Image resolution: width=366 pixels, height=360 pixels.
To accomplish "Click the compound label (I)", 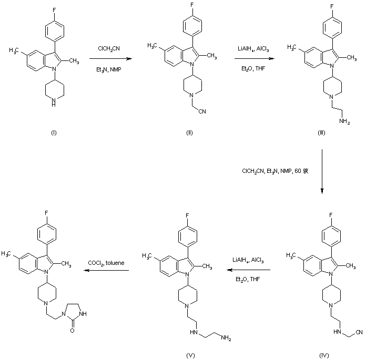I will pyautogui.click(x=53, y=131).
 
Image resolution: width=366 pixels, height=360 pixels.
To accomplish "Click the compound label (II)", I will pyautogui.click(x=189, y=131).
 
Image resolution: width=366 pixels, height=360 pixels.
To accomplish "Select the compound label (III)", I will pyautogui.click(x=321, y=131).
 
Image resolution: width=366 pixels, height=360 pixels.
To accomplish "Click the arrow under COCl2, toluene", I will pyautogui.click(x=108, y=270).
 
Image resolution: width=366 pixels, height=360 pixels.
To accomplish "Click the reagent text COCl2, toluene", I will pyautogui.click(x=107, y=262).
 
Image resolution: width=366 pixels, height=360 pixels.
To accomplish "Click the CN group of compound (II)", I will pyautogui.click(x=204, y=111).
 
